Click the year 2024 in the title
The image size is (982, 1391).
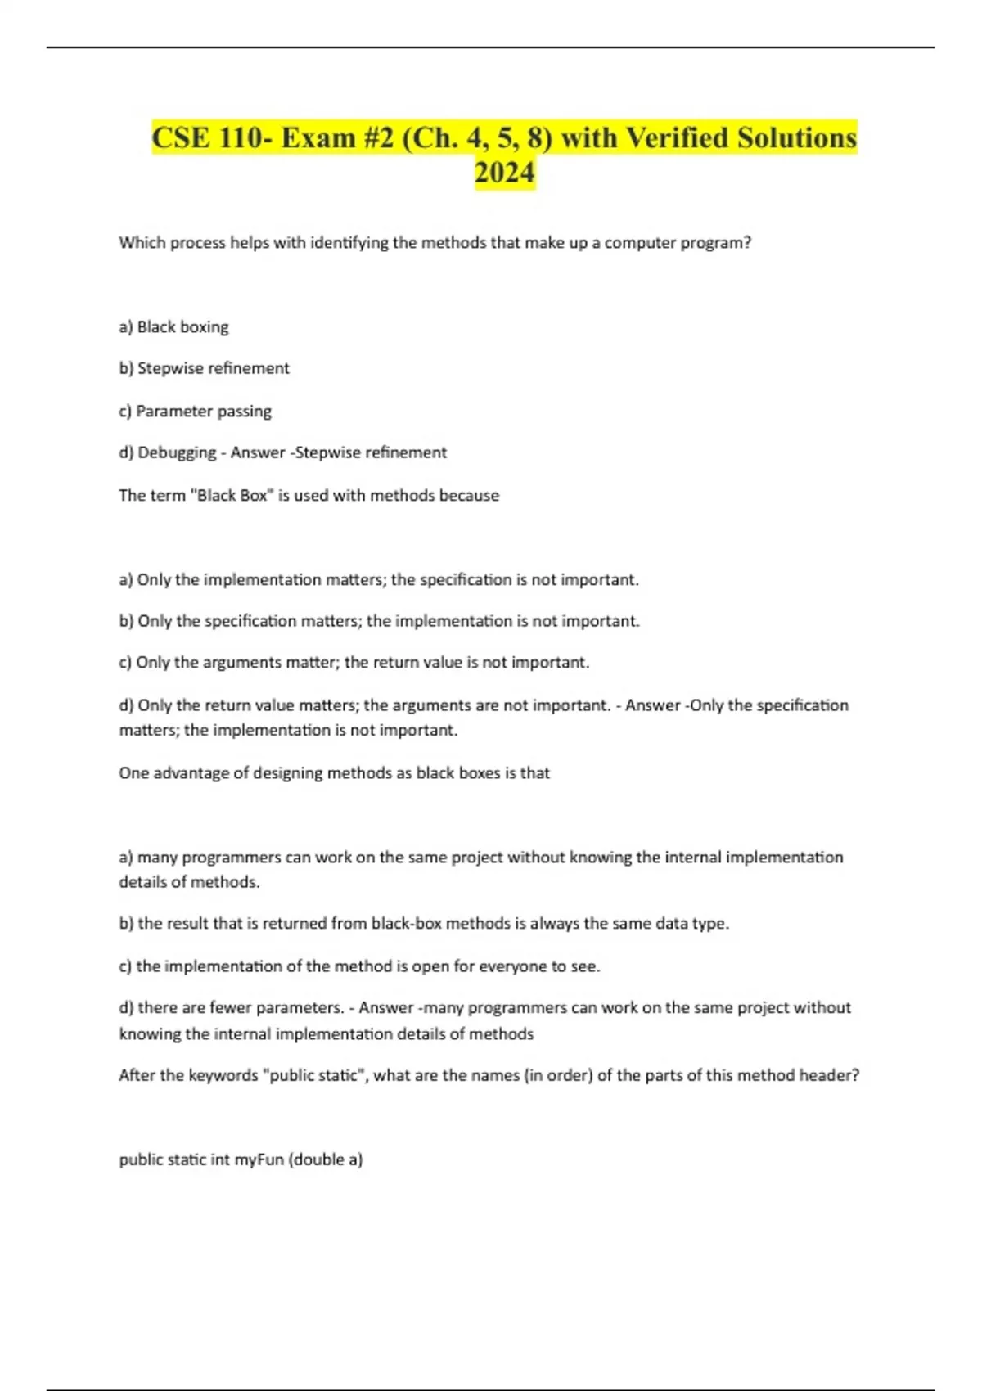(504, 173)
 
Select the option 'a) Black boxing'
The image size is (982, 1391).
(173, 326)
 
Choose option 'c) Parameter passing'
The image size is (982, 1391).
(195, 411)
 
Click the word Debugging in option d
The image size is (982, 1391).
(177, 452)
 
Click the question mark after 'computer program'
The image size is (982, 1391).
(747, 242)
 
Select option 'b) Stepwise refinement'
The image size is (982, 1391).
(204, 368)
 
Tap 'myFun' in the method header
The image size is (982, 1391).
(259, 1159)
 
